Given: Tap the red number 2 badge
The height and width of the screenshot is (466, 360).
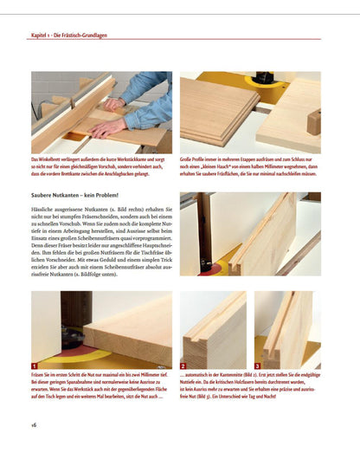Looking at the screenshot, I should [x=185, y=366].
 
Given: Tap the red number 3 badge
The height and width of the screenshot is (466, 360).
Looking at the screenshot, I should [x=258, y=366].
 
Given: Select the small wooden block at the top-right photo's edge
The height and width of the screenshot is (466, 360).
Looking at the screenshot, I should [x=313, y=121].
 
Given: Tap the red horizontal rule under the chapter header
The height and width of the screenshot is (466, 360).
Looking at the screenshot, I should [x=180, y=42].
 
